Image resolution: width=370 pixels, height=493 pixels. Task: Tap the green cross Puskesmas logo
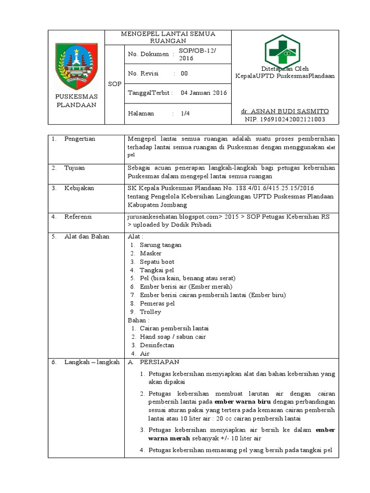coord(284,52)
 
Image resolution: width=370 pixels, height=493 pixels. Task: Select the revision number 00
coord(185,74)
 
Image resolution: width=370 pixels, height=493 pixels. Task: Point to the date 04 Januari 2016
coord(204,93)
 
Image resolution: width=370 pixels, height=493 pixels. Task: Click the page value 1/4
coord(185,114)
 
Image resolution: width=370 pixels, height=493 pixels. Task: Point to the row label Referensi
coord(78,217)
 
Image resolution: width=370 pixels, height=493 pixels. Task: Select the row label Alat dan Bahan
coord(87,236)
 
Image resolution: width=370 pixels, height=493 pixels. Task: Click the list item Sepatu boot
coord(157,261)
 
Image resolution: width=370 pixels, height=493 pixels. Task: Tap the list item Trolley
coord(150,311)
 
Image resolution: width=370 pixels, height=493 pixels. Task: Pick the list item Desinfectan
coord(157,345)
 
